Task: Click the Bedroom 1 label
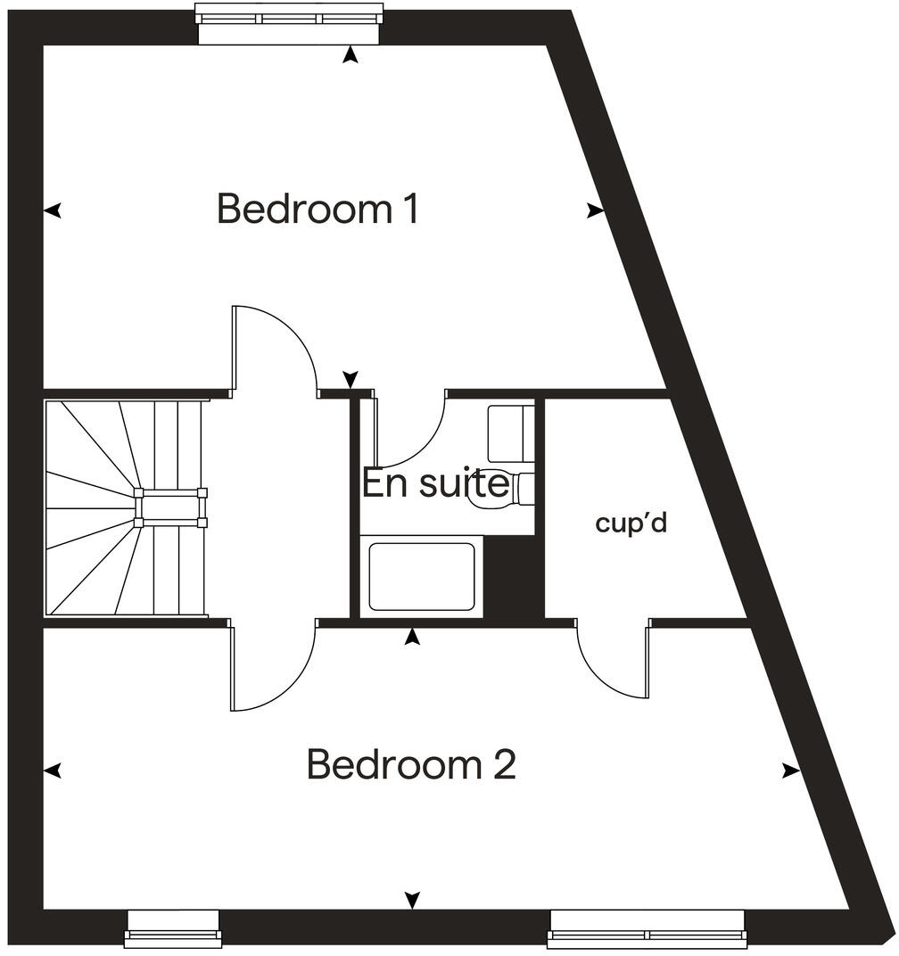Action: (x=318, y=210)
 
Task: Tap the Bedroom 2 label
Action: (x=411, y=765)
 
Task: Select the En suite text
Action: (x=435, y=484)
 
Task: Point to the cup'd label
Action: (x=631, y=523)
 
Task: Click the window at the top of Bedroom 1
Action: (x=290, y=22)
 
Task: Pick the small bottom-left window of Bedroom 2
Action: (x=173, y=927)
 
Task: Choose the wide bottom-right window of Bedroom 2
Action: (x=647, y=927)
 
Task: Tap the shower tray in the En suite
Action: (x=422, y=577)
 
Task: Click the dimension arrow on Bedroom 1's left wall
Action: (x=54, y=210)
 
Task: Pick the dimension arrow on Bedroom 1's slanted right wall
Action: (x=595, y=210)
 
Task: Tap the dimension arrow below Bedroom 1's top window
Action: (x=351, y=55)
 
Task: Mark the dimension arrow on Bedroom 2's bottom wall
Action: (x=412, y=900)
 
